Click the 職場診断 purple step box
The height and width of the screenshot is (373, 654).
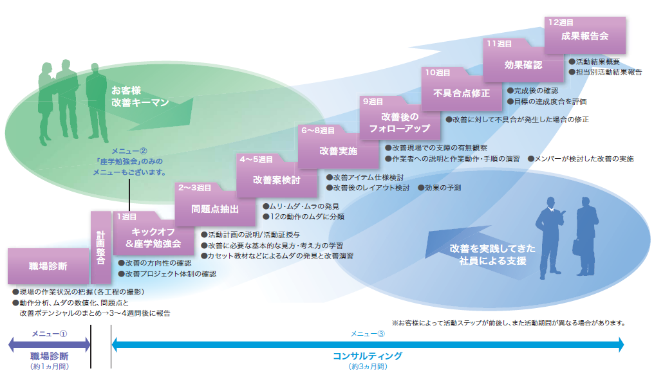coord(48,266)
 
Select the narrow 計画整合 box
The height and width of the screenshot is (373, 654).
coord(100,247)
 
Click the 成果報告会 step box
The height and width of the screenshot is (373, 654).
coord(584,36)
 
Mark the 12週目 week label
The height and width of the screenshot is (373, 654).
coord(561,22)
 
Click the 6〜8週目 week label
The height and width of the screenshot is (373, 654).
coord(317,130)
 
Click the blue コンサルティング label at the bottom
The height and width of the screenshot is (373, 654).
coord(367,356)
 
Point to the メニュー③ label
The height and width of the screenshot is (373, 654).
coord(367,334)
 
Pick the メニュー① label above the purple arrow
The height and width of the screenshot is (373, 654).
coord(50,334)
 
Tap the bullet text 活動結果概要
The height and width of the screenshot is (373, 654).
coord(597,62)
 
